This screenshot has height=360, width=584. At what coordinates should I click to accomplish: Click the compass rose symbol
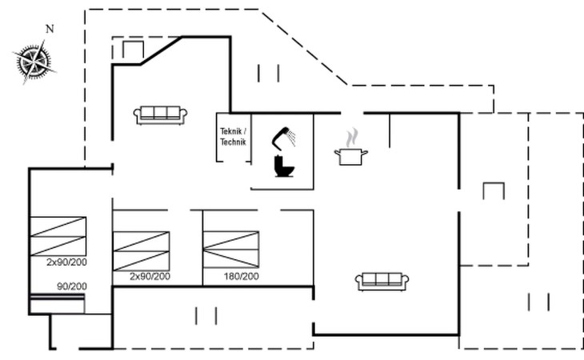[34, 62]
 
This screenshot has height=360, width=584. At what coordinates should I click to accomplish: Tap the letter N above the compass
[50, 29]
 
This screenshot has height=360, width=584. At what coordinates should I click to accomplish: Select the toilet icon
[284, 166]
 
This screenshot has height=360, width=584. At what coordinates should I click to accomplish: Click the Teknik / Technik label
[233, 137]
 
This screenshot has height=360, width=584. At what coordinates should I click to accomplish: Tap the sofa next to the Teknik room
[160, 115]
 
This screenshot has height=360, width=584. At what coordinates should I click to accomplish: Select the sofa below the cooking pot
[382, 282]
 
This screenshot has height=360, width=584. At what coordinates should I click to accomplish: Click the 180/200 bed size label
[242, 276]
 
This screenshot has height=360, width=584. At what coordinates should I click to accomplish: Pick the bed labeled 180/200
[231, 250]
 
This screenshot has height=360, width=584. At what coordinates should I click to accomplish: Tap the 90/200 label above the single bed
[72, 286]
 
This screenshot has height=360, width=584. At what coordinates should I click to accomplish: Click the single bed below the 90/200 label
[57, 304]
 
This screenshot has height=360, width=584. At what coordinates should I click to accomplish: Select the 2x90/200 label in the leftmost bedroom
[66, 262]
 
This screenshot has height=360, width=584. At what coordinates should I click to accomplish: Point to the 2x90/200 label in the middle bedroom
[150, 276]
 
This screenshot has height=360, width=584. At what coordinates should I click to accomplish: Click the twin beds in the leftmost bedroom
[58, 236]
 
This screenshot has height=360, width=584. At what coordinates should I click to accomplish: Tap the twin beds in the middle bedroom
[141, 251]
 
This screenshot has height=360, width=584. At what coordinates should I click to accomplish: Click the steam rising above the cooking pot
[351, 138]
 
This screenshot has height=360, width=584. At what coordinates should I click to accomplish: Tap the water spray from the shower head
[292, 138]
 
